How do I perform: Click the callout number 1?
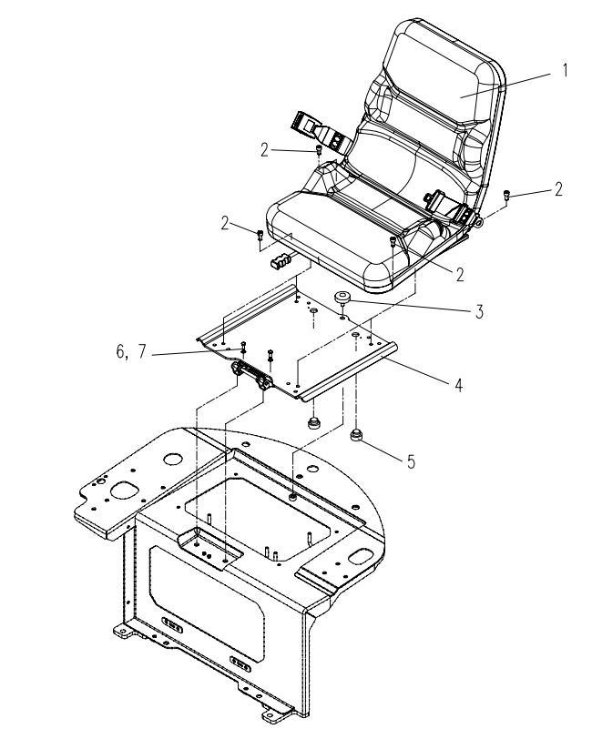566,70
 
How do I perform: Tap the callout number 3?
479,312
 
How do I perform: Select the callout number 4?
459,385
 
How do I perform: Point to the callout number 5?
411,462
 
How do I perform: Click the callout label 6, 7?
131,352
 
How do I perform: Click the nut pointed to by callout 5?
356,435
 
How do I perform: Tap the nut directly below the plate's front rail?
313,422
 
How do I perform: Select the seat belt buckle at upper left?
321,129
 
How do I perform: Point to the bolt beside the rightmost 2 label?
506,195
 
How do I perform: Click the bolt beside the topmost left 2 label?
318,150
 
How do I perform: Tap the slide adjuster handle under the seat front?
281,261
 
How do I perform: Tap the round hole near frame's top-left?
173,460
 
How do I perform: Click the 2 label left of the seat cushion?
225,223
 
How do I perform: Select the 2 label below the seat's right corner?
460,274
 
